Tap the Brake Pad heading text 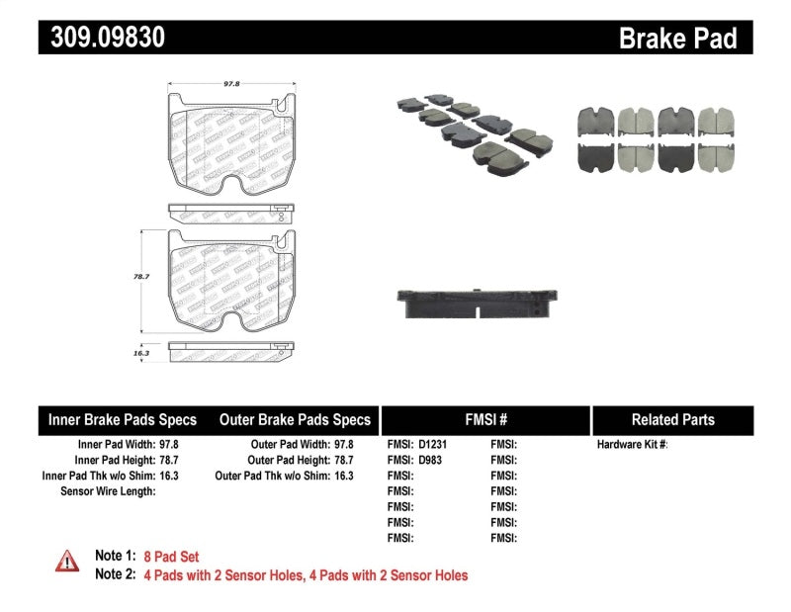click(x=677, y=38)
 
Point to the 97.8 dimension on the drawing click(x=231, y=84)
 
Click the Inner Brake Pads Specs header click(x=123, y=419)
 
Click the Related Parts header click(x=671, y=419)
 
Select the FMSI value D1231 click(x=431, y=445)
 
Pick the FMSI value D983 click(x=428, y=460)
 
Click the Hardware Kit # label click(x=633, y=445)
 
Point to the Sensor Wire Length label click(x=108, y=490)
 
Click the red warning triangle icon click(x=65, y=561)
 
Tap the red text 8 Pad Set click(x=171, y=557)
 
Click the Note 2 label click(x=115, y=574)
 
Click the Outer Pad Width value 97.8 click(x=343, y=445)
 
